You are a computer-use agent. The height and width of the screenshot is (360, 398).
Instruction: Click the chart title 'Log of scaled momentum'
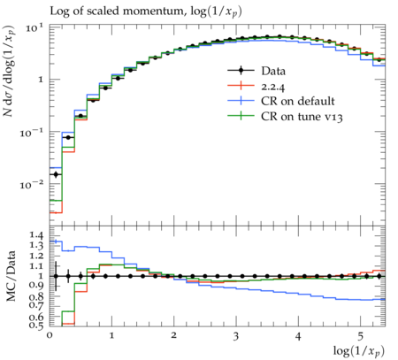117,11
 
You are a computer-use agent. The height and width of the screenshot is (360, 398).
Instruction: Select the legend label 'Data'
273,71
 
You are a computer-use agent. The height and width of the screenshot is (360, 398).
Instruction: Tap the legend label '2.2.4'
272,87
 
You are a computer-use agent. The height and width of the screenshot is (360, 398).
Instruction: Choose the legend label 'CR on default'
298,101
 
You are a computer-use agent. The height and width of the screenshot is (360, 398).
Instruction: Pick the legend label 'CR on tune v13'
302,117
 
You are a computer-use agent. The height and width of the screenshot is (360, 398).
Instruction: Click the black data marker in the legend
241,71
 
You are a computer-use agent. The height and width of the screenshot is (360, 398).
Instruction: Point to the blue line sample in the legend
241,101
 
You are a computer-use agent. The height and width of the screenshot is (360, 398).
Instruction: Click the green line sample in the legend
241,116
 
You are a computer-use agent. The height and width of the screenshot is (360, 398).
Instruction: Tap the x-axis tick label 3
236,336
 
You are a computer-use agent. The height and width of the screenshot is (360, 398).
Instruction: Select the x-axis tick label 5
360,336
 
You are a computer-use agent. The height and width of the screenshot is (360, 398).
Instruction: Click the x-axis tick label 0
50,336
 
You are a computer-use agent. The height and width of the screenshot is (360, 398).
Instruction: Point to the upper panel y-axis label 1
41,80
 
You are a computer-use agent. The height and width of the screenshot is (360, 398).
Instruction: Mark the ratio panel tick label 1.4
36,235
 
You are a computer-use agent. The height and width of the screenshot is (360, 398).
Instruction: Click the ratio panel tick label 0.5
36,326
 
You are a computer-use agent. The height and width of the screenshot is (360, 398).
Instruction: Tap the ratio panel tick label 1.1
36,266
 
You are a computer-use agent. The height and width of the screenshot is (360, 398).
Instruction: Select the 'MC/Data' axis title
11,276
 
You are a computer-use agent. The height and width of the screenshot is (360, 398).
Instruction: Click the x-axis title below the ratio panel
359,351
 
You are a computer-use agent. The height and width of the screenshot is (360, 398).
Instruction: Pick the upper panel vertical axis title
10,71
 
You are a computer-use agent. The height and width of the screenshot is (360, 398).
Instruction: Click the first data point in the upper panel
56,174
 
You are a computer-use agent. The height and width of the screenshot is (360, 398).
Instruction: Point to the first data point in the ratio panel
56,276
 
